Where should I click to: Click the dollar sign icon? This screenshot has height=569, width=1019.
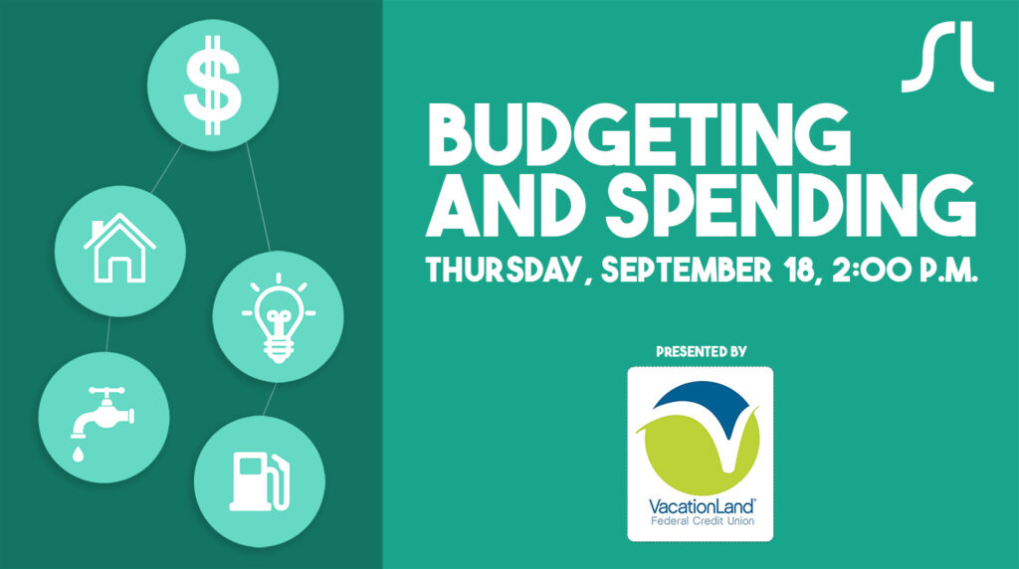click(213, 86)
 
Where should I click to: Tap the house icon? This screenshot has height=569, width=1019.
click(119, 248)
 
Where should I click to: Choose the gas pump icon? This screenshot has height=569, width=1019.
click(260, 481)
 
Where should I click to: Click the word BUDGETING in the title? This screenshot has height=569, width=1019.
click(639, 135)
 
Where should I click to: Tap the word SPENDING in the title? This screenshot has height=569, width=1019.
click(791, 205)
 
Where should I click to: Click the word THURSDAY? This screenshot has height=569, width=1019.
click(502, 270)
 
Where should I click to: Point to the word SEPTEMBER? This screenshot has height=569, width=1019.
click(687, 270)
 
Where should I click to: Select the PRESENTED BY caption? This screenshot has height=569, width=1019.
click(702, 352)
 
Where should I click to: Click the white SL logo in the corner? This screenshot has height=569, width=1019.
click(947, 57)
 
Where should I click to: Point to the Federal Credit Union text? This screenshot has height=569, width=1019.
click(703, 521)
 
